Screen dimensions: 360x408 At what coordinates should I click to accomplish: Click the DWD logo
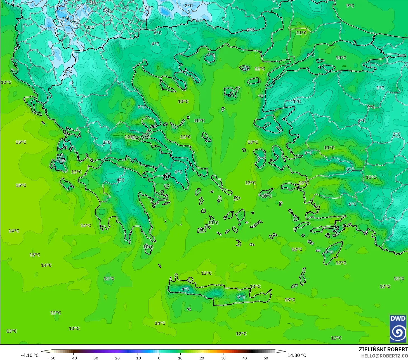pos(398,329)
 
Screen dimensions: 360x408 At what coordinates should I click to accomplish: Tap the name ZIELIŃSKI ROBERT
pos(383,349)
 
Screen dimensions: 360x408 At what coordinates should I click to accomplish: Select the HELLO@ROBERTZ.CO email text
pos(384,356)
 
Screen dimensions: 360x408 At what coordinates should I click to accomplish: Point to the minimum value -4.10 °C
pos(30,355)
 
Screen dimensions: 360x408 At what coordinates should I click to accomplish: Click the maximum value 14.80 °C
pos(297,355)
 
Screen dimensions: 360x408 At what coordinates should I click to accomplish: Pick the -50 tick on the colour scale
pos(52,358)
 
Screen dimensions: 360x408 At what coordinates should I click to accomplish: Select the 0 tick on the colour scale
pos(159,358)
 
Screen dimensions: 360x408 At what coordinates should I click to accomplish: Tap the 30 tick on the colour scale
pos(223,358)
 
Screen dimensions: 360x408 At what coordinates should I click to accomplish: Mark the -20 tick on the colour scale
pos(116,358)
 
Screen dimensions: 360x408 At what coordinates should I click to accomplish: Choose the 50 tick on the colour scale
pos(266,358)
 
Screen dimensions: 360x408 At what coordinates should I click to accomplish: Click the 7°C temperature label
pos(60,161)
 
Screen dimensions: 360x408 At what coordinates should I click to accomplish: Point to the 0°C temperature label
pos(107,11)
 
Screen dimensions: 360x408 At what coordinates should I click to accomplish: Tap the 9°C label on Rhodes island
pos(329,252)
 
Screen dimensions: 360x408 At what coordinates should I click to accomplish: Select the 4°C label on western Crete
pos(185,289)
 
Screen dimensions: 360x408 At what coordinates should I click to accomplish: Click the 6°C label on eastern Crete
pos(241,297)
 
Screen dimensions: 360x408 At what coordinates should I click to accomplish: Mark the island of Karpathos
pos(303,276)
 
